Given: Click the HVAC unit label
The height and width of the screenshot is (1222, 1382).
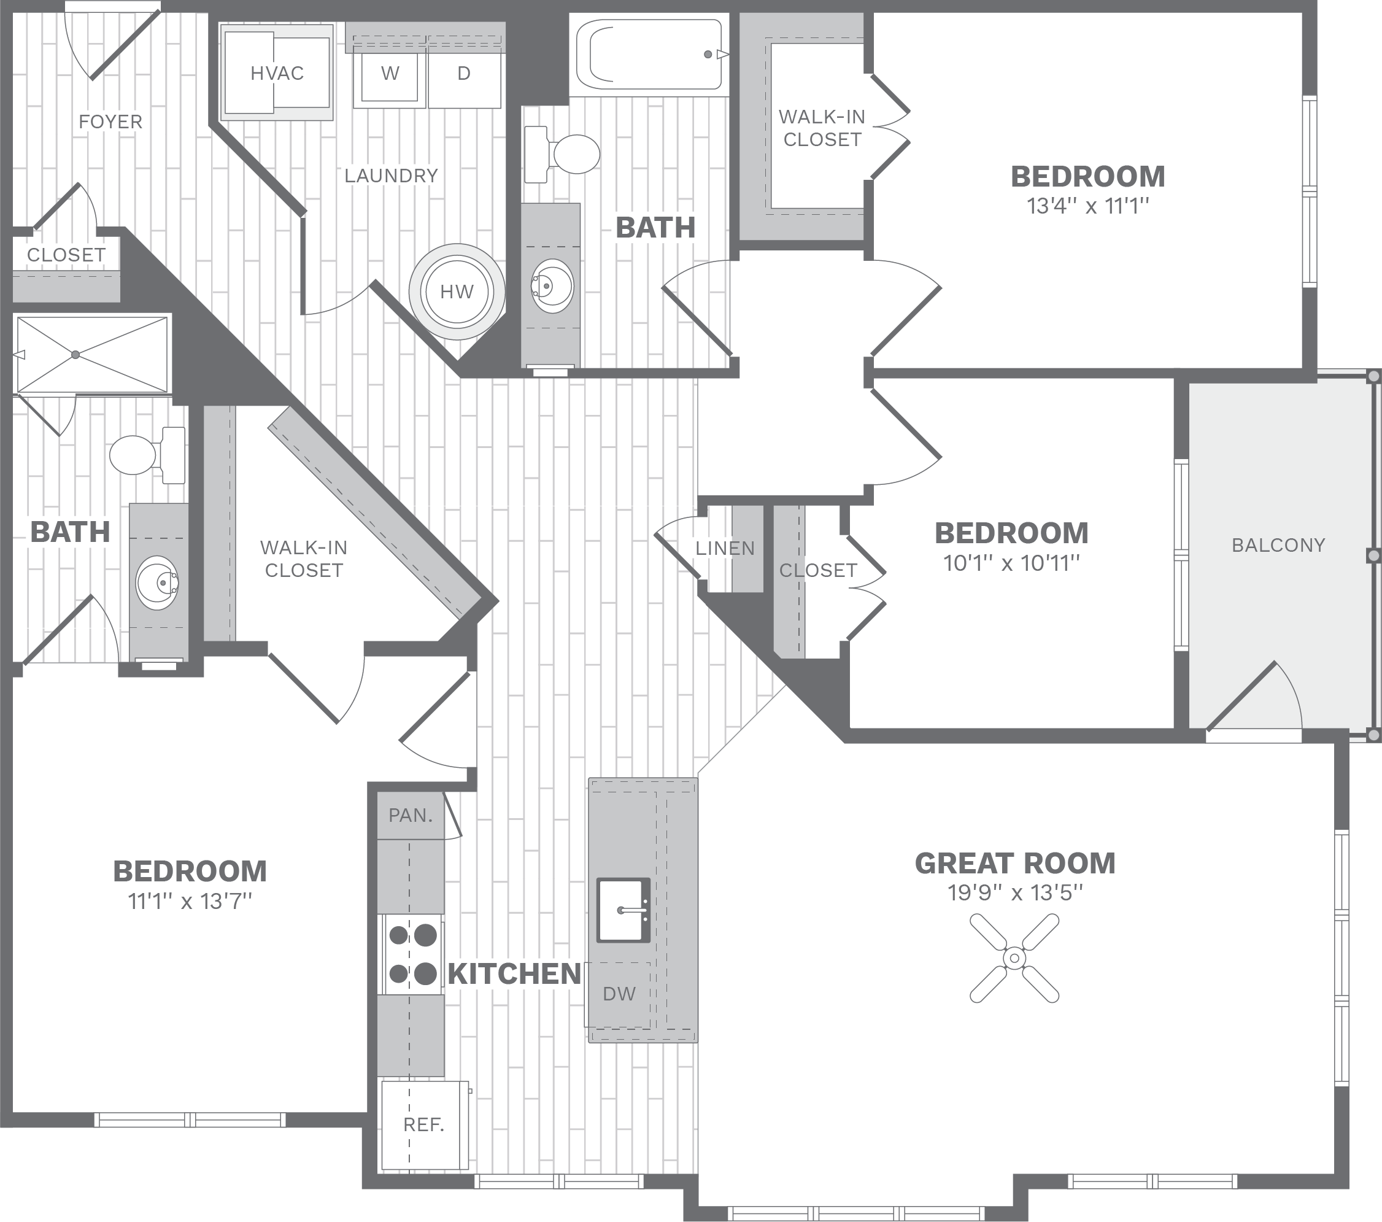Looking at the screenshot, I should (x=277, y=73).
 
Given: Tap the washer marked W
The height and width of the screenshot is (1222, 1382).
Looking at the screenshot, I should (x=390, y=74).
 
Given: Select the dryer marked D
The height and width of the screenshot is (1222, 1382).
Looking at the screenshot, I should (x=464, y=74).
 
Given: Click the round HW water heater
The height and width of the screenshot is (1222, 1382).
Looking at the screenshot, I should (x=457, y=292).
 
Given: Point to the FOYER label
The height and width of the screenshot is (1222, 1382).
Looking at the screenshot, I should (x=111, y=122).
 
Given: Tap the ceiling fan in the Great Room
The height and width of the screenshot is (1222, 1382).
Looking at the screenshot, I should (x=1014, y=958).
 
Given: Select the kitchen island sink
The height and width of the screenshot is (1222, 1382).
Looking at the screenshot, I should (x=623, y=910).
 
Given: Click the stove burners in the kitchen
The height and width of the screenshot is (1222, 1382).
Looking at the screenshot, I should (x=412, y=954).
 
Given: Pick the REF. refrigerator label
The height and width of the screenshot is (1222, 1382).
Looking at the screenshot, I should (x=423, y=1124).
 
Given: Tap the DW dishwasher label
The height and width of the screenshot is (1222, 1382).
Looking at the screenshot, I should (x=619, y=994).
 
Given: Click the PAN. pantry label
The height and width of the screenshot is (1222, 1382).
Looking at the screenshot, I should (x=411, y=816).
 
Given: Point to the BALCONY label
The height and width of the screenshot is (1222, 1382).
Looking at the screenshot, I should (x=1278, y=545).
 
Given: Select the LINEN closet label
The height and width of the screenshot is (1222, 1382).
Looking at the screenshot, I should (x=725, y=549).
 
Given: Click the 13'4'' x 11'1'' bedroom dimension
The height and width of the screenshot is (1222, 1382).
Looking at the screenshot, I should (x=1088, y=206).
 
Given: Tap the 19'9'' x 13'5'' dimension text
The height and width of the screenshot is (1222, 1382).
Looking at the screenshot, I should (x=1015, y=892).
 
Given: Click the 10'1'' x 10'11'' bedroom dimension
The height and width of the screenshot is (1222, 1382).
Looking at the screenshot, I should (x=1011, y=563).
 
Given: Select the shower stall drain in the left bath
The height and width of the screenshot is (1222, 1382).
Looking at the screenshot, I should (x=75, y=354).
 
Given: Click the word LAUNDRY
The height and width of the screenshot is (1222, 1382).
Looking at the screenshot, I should (x=391, y=176).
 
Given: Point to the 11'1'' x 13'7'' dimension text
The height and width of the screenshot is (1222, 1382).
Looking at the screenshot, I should (x=190, y=901).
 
